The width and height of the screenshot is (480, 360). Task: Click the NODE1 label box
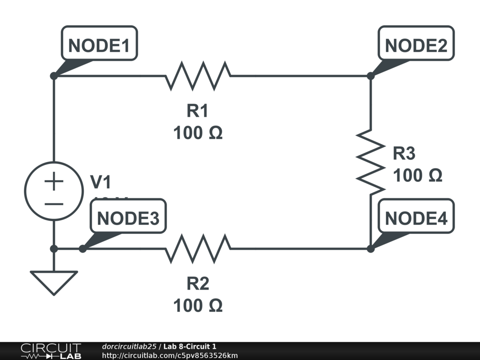(99, 45)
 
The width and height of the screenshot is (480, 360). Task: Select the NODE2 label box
(416, 45)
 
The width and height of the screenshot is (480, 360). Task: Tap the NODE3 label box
(128, 218)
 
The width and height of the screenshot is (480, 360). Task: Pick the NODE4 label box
(416, 218)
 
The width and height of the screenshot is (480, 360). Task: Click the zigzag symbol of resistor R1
(198, 75)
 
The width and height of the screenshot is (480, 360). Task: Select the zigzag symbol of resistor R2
(198, 248)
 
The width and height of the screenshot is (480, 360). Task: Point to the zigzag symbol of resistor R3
(370, 162)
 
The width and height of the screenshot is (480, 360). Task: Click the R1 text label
(197, 111)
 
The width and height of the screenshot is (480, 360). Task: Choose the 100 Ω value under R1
(197, 134)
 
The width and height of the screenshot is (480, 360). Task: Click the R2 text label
(197, 284)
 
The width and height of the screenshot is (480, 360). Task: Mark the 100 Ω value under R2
(197, 306)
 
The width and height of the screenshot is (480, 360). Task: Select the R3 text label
(404, 153)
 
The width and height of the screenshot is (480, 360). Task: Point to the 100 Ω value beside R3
(417, 176)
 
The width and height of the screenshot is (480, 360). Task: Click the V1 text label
(101, 182)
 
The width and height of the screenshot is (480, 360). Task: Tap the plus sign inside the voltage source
(54, 181)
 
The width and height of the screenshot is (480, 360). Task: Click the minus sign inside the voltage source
(54, 204)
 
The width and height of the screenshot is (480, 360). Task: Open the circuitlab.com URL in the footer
(170, 355)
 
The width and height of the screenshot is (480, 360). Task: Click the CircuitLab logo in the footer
(50, 351)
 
